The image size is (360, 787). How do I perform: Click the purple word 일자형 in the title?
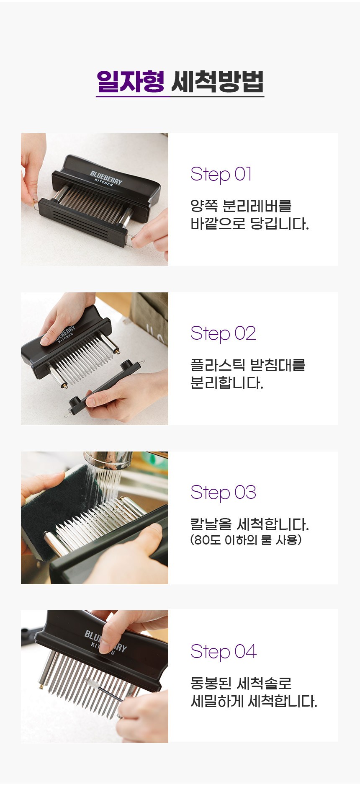click(130, 81)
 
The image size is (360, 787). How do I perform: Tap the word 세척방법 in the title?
click(217, 81)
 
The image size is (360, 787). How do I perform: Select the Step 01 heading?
click(221, 174)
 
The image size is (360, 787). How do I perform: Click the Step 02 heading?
click(223, 333)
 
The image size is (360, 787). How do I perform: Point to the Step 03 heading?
click(223, 493)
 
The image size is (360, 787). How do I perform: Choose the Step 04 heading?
click(224, 652)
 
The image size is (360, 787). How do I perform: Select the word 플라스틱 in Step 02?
click(218, 365)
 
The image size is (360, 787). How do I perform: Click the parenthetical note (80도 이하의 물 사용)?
click(246, 540)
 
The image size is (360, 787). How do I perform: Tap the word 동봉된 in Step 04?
click(211, 683)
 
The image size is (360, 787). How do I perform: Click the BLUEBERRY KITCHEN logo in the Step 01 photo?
click(106, 178)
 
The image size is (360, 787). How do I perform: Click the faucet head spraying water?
click(108, 460)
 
